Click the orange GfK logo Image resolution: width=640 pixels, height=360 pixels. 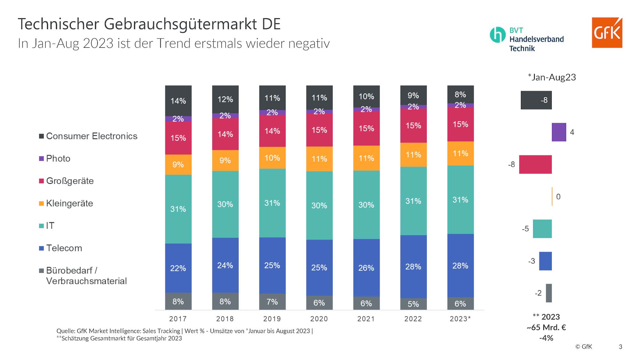(x=607, y=33)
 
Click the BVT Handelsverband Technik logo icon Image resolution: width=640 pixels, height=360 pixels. (x=497, y=35)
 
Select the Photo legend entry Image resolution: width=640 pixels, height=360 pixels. (x=58, y=159)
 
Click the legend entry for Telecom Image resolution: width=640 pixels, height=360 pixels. (x=64, y=248)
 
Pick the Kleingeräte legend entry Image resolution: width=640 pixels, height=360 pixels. (x=69, y=204)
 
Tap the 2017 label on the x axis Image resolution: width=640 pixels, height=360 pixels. (x=178, y=319)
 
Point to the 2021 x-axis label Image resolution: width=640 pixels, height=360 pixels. (x=366, y=319)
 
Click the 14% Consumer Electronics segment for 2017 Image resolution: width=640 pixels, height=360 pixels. (x=178, y=101)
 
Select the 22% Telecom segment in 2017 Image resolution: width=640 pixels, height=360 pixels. (x=178, y=268)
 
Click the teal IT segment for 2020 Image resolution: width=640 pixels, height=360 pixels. (x=319, y=205)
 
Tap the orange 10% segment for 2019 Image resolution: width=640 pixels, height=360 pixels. (x=272, y=158)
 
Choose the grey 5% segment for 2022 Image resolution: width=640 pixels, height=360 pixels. (x=413, y=304)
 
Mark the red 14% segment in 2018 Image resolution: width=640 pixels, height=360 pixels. (x=225, y=134)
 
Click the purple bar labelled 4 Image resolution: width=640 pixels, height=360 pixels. (x=559, y=132)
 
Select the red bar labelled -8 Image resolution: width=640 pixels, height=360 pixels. (x=535, y=164)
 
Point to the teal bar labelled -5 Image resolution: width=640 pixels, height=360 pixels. (x=542, y=229)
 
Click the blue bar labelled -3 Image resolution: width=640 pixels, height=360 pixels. (x=545, y=261)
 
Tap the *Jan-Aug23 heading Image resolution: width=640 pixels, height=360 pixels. (x=552, y=77)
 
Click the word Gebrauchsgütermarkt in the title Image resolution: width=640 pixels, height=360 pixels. (x=180, y=24)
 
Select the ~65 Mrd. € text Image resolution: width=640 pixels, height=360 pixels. (x=546, y=328)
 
